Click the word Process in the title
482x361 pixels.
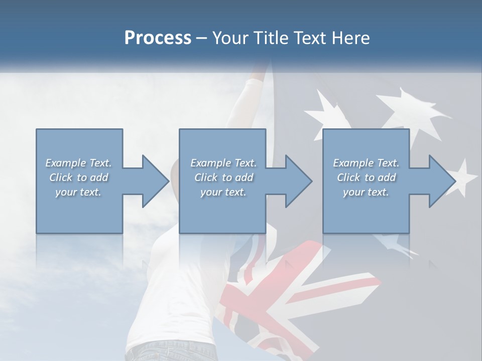pyautogui.click(x=158, y=38)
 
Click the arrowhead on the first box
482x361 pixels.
pyautogui.click(x=154, y=181)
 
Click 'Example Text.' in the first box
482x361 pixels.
pyautogui.click(x=78, y=163)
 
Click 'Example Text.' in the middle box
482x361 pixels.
pyautogui.click(x=223, y=163)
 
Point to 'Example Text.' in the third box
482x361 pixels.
pyautogui.click(x=366, y=163)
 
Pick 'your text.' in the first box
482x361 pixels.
pyautogui.click(x=78, y=192)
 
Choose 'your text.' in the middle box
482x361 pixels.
pyautogui.click(x=223, y=192)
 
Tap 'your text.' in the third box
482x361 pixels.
pyautogui.click(x=366, y=192)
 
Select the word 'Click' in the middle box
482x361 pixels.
pyautogui.click(x=206, y=177)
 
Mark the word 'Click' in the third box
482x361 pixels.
pyautogui.click(x=348, y=177)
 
